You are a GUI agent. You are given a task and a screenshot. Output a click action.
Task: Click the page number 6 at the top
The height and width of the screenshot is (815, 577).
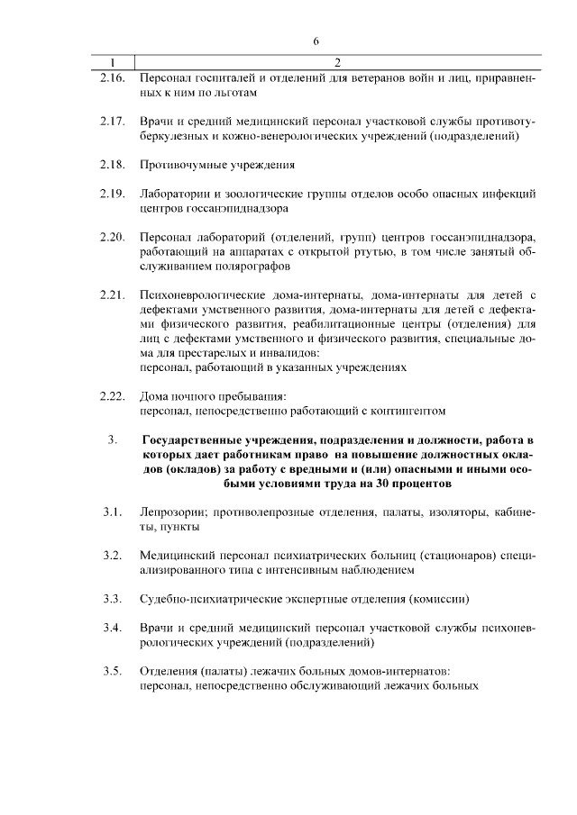(x=316, y=41)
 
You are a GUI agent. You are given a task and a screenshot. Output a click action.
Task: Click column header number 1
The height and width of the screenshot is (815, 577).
(x=112, y=63)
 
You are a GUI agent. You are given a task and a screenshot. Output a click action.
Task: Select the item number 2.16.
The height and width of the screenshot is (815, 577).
(x=112, y=78)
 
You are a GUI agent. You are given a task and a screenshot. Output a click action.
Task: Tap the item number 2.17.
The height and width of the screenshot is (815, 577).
(x=112, y=122)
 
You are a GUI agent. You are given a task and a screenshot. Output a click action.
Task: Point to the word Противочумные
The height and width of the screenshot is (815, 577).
(x=180, y=166)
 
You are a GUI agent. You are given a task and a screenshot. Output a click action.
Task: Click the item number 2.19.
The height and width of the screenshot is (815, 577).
(x=112, y=194)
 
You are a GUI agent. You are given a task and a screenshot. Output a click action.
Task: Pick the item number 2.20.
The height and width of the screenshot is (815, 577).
(x=112, y=237)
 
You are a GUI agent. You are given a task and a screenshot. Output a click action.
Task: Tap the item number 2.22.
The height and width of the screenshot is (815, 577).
(x=112, y=395)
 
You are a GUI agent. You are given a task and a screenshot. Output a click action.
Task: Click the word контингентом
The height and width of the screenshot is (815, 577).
(x=408, y=410)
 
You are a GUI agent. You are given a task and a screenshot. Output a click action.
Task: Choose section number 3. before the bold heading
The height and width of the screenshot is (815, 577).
(x=113, y=439)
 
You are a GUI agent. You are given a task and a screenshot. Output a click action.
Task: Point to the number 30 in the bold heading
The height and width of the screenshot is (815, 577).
(x=389, y=483)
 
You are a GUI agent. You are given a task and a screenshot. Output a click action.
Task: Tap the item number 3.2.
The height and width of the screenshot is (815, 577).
(x=112, y=556)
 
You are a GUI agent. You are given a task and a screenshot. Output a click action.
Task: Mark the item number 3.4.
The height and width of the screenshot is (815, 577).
(x=112, y=628)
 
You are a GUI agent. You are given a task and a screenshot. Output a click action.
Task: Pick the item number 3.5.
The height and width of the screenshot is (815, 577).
(x=112, y=671)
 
